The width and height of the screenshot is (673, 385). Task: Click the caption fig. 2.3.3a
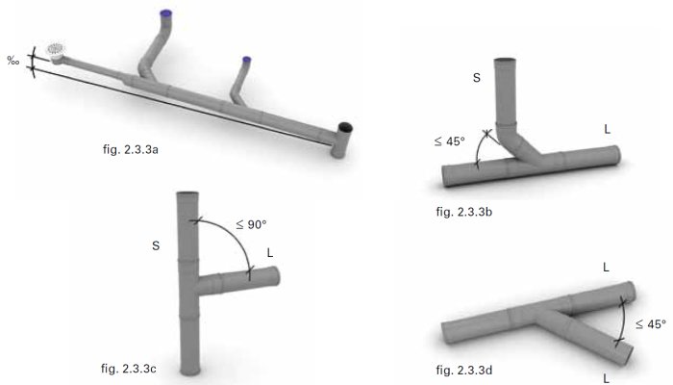(x=131, y=149)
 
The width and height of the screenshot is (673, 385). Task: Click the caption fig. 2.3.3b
(x=464, y=212)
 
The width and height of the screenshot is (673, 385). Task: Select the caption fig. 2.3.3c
(x=128, y=369)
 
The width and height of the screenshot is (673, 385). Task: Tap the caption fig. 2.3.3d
(x=464, y=370)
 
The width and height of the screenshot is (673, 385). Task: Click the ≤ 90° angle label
(x=251, y=224)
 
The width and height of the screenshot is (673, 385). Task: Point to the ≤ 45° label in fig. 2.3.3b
(x=449, y=141)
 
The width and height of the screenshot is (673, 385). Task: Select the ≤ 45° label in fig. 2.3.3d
(x=651, y=324)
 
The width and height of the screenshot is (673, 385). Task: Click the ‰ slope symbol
(x=13, y=61)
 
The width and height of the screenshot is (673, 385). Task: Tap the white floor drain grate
(x=56, y=48)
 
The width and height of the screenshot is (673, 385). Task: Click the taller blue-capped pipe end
(x=165, y=13)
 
